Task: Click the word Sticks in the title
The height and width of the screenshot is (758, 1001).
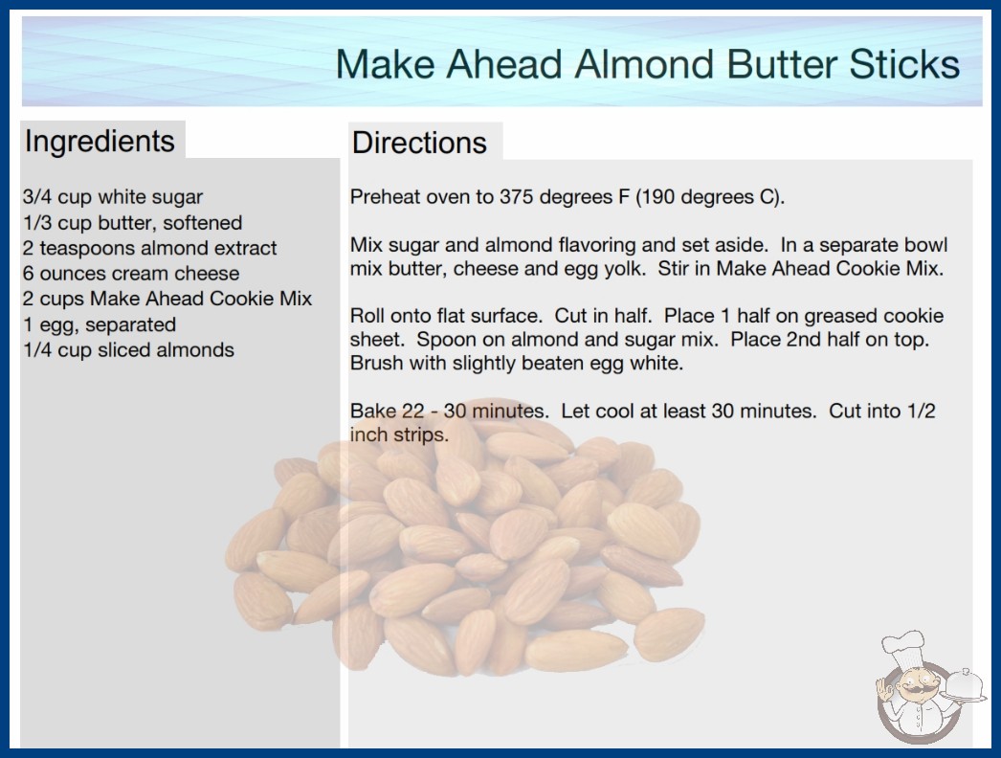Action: [x=904, y=64]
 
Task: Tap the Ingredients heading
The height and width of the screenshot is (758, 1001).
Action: [x=100, y=142]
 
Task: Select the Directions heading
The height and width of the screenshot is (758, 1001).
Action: [x=419, y=143]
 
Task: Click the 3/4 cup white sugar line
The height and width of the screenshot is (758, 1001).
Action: [x=113, y=197]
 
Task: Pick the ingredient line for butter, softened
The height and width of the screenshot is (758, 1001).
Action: [x=133, y=223]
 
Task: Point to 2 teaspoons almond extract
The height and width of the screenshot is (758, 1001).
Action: [x=150, y=248]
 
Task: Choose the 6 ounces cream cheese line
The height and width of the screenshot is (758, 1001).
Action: [x=131, y=274]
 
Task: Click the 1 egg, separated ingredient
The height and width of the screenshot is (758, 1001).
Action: [x=100, y=324]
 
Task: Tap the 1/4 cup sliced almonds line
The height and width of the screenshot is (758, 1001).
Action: [x=129, y=350]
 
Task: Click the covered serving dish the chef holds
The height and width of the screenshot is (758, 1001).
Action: [x=964, y=686]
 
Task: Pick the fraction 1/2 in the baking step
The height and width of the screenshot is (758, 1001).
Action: [x=922, y=411]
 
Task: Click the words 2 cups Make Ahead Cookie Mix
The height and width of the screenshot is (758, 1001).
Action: [x=167, y=299]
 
